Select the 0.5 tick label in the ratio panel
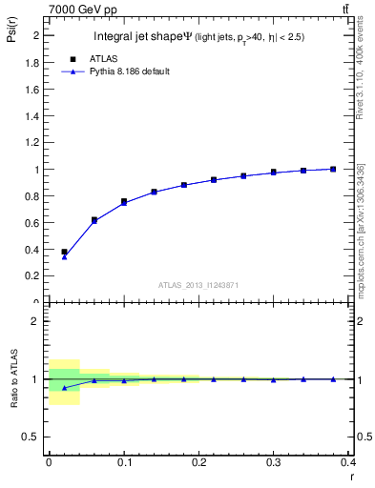tap(33, 437)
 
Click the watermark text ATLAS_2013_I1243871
tap(198, 285)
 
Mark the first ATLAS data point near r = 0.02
tap(64, 252)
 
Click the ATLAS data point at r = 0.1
tap(124, 201)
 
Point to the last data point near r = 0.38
tap(333, 169)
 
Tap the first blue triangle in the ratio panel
tap(64, 388)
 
